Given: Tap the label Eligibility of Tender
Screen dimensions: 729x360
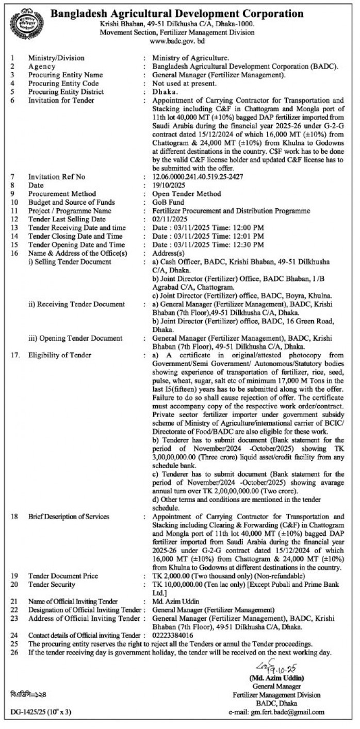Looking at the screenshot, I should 60,355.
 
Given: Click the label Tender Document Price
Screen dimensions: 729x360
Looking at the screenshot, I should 63,576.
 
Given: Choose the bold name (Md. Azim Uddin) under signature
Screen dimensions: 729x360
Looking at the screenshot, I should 277,677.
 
